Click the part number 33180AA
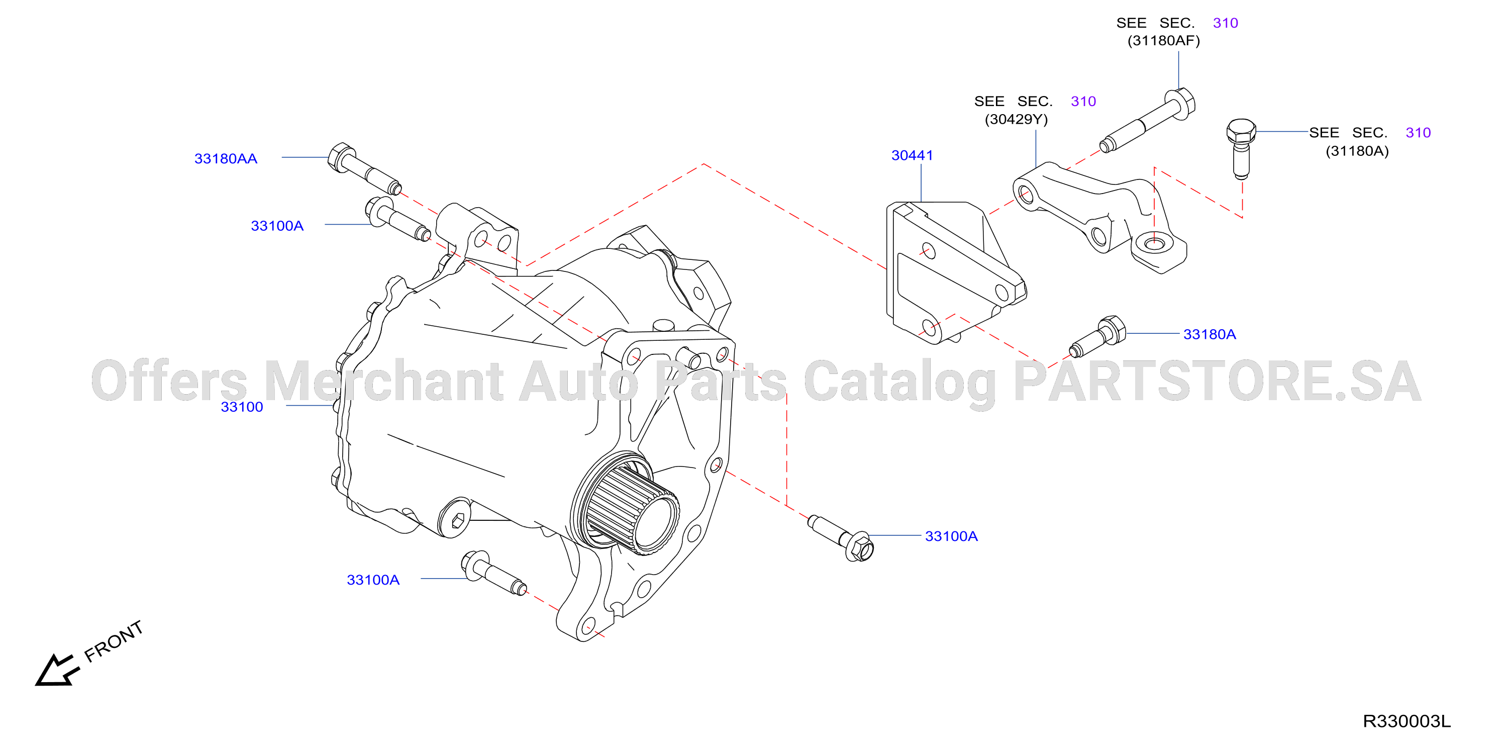pyautogui.click(x=226, y=159)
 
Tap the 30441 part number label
pyautogui.click(x=912, y=155)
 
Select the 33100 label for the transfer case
pyautogui.click(x=242, y=407)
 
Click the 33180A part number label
pyautogui.click(x=1210, y=334)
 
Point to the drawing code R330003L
pyautogui.click(x=1406, y=721)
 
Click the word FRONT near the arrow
pyautogui.click(x=114, y=641)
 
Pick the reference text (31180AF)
pyautogui.click(x=1163, y=40)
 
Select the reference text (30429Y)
pyautogui.click(x=1017, y=120)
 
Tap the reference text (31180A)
pyautogui.click(x=1357, y=151)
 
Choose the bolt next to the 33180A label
pyautogui.click(x=1097, y=336)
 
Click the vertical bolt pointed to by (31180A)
pyautogui.click(x=1241, y=148)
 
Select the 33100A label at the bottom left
pyautogui.click(x=373, y=580)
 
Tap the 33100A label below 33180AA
pyautogui.click(x=277, y=226)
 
